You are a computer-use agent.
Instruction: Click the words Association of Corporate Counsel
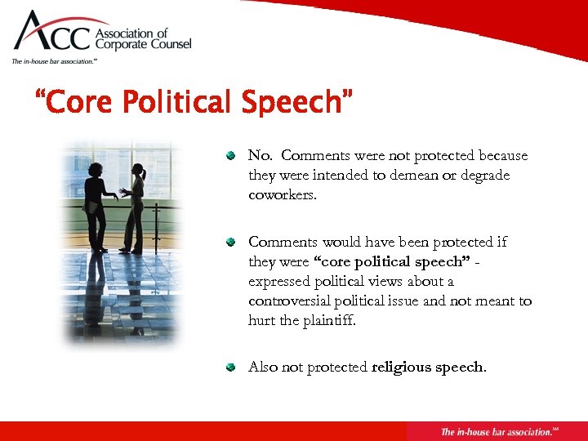(145, 39)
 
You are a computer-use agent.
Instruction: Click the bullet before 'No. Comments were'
(231, 155)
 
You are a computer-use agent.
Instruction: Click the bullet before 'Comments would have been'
(231, 242)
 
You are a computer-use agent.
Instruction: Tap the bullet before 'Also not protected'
(231, 367)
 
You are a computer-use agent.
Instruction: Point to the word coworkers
(283, 195)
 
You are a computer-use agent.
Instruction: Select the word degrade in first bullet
(485, 176)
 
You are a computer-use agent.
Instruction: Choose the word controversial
(288, 301)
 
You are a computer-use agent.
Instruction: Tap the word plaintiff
(331, 320)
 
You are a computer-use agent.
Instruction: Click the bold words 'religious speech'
(428, 367)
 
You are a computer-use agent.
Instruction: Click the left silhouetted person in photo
(96, 204)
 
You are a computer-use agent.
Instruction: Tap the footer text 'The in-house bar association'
(495, 431)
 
